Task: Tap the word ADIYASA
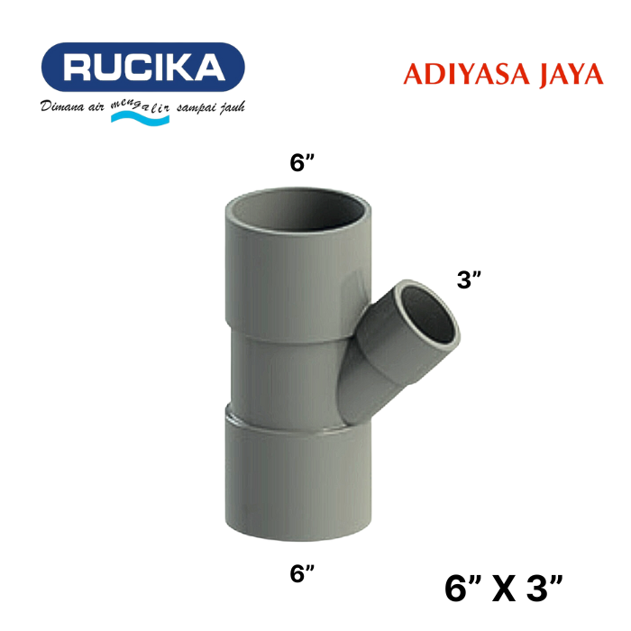pos(453,75)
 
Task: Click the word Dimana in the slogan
pos(61,108)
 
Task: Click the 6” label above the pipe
pos(302,163)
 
